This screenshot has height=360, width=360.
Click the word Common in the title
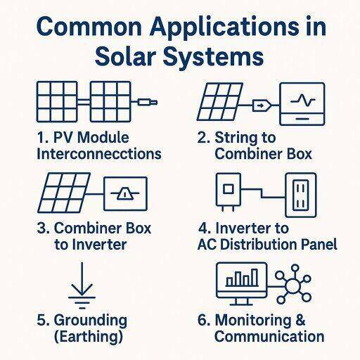click(x=89, y=27)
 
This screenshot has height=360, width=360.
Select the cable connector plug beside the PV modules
click(x=148, y=103)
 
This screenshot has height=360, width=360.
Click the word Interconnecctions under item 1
click(x=99, y=154)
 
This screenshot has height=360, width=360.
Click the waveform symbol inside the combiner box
click(x=302, y=101)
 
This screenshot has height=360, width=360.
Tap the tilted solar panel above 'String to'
click(x=220, y=102)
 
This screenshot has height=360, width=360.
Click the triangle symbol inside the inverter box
click(x=125, y=194)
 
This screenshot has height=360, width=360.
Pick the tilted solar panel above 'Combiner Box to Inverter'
click(x=64, y=193)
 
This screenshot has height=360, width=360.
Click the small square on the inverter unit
click(x=228, y=189)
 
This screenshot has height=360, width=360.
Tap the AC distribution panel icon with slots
click(x=301, y=195)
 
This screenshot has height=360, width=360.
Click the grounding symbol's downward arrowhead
click(x=82, y=290)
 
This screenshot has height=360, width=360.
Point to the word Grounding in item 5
click(x=91, y=321)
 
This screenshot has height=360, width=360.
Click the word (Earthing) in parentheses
click(x=89, y=337)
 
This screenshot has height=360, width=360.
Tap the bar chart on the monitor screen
click(x=242, y=278)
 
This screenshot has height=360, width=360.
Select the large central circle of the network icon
click(x=293, y=286)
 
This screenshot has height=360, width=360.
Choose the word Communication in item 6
click(x=269, y=336)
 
